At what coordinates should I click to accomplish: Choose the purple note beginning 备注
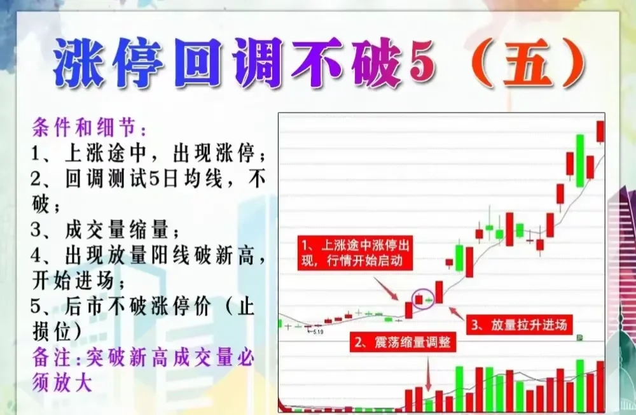point(143,358)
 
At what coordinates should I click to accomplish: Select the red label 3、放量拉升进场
point(518,325)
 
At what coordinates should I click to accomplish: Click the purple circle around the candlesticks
point(423,299)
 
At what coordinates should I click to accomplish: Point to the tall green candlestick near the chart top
point(579,160)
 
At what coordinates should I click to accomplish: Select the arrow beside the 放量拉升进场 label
point(456,313)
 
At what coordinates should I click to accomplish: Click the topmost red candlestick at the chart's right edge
point(599,132)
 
